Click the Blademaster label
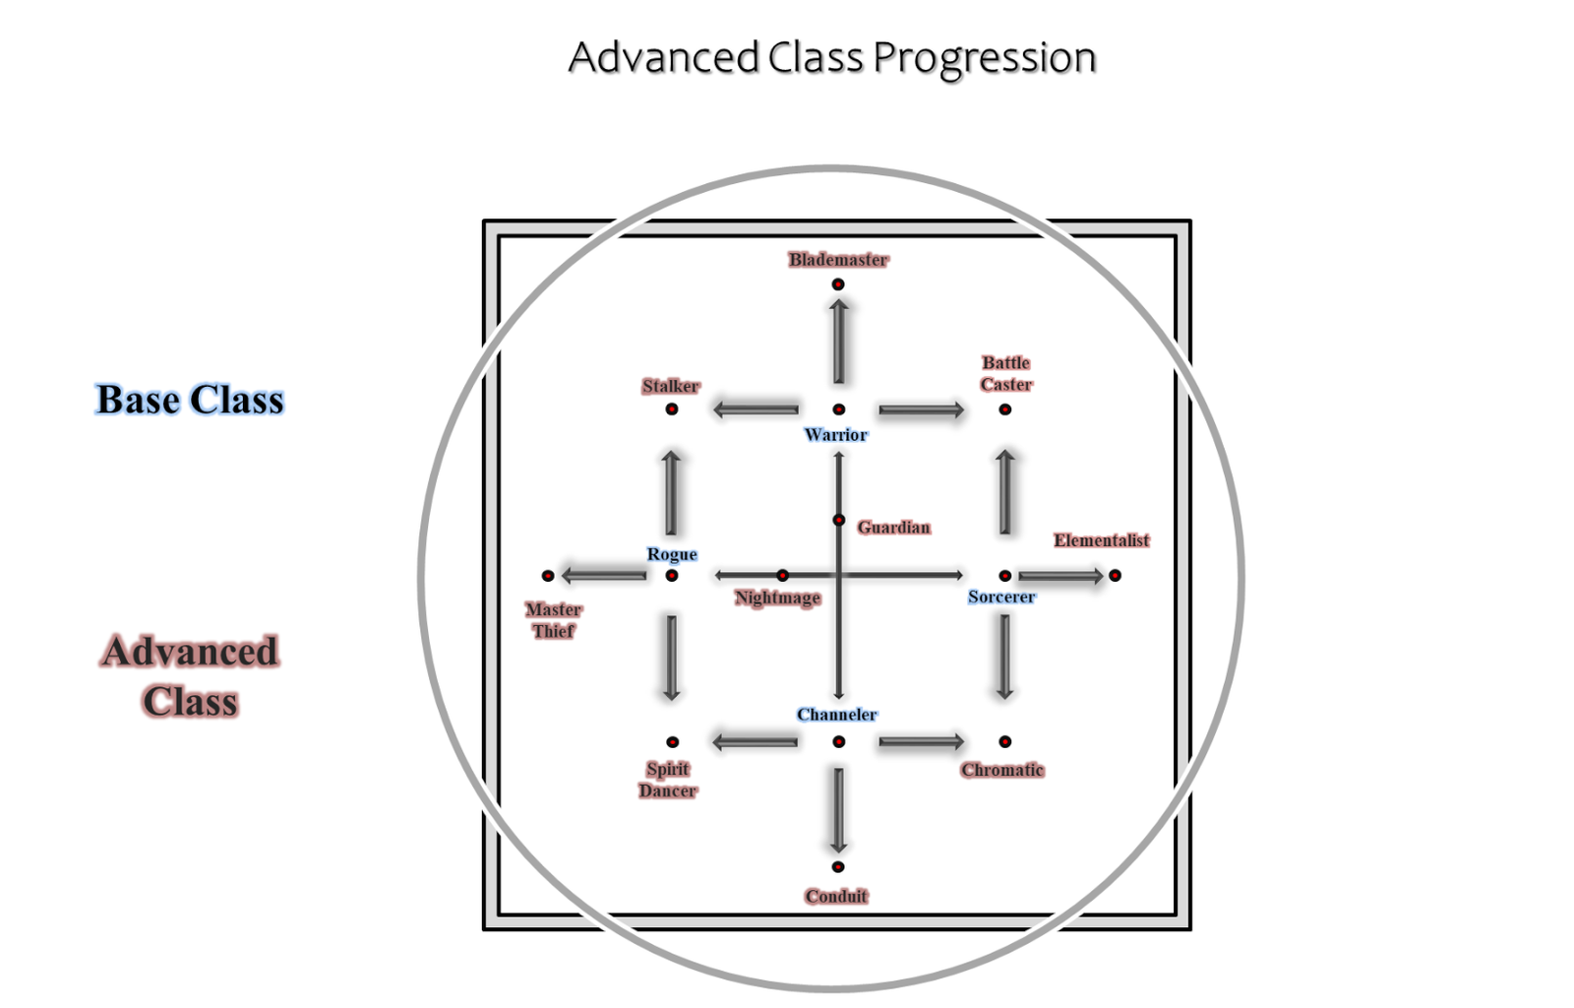pos(838,260)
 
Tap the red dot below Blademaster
pos(838,284)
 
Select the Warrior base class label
pos(836,435)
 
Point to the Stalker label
pos(671,386)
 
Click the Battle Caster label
pos(1006,374)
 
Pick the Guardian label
pos(893,528)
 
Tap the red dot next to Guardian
pos(839,520)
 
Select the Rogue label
pos(672,554)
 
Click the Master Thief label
pos(554,620)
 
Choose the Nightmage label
pos(778,598)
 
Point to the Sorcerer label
pos(1001,597)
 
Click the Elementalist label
pos(1102,540)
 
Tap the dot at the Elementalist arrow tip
pos(1115,576)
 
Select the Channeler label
pos(837,715)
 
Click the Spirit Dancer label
pos(668,780)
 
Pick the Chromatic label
pos(1002,770)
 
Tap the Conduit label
pos(836,896)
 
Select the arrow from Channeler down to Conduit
pos(838,809)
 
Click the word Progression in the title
pos(985,58)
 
